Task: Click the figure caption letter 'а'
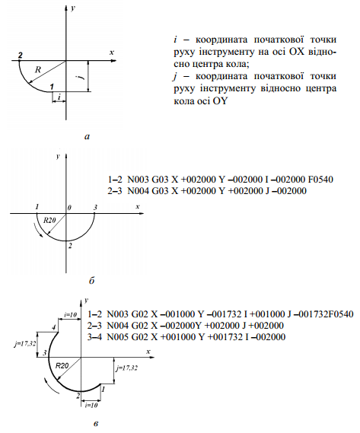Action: [x=88, y=136]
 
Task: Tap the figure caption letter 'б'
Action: [x=92, y=281]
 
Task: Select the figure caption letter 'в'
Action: [x=96, y=424]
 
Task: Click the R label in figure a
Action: [x=38, y=69]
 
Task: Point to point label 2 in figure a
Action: [x=20, y=55]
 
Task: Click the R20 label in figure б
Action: [x=49, y=220]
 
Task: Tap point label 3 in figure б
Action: [x=95, y=208]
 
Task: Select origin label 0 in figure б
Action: [x=69, y=208]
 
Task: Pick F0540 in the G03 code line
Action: [x=320, y=180]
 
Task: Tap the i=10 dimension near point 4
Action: [x=71, y=314]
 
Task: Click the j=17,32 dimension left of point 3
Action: [x=24, y=344]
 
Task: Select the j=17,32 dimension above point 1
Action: [x=127, y=368]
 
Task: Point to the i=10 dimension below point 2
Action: [x=91, y=405]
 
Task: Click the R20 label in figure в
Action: [x=62, y=366]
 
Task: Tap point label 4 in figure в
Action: [x=54, y=327]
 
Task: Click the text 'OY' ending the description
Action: [x=220, y=101]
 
